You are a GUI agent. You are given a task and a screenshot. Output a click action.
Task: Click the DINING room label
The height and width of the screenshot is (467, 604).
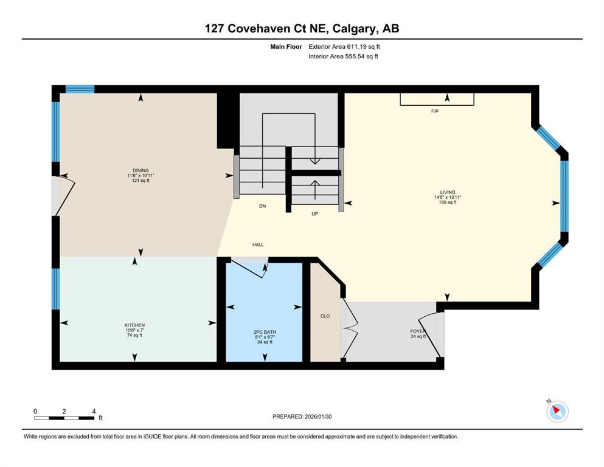click(141, 170)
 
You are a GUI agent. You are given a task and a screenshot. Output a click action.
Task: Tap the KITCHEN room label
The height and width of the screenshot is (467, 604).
click(134, 325)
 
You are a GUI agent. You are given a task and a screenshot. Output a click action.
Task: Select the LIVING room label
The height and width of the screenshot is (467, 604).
click(448, 192)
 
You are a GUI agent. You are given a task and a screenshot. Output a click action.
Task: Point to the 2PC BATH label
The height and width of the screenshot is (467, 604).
click(265, 332)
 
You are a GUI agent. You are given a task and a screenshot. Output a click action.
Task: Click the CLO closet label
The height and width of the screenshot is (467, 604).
click(325, 316)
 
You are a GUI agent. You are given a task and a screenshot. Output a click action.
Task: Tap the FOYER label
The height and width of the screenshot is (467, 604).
click(418, 331)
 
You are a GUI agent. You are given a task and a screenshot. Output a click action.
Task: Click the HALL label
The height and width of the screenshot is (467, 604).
click(258, 244)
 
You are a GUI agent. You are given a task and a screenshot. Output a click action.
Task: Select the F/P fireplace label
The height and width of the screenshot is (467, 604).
click(435, 111)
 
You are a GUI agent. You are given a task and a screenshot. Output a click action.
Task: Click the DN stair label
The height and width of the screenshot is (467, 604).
click(262, 206)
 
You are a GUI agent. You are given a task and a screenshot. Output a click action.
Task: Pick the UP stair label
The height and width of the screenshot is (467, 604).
click(314, 213)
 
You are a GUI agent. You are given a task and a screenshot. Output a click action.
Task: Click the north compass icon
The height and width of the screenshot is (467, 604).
click(557, 411)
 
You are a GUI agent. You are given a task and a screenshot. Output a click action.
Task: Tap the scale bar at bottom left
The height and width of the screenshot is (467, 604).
click(64, 418)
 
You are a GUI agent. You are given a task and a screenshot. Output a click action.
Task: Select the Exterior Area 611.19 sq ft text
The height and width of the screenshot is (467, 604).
click(344, 47)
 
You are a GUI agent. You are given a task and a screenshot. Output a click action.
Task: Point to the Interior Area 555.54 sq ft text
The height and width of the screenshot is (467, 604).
click(343, 57)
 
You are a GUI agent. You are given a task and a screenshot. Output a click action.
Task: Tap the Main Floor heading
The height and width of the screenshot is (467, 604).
click(286, 47)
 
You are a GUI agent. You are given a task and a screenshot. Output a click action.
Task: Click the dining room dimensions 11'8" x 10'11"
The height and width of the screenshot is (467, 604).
click(141, 176)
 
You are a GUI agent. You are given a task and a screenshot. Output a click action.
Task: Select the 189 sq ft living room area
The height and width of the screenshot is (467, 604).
click(448, 202)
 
